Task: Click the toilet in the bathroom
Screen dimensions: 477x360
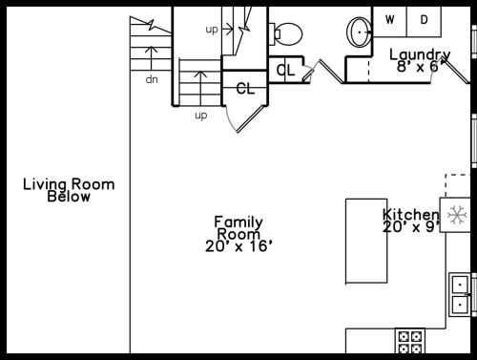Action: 285,33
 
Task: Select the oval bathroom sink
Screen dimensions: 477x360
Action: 359,32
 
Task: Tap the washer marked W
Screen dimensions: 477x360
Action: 389,21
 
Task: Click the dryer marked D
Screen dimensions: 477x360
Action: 424,21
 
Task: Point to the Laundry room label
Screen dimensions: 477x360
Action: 420,54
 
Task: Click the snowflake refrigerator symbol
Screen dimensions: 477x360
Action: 457,215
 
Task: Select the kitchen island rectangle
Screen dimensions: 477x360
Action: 366,241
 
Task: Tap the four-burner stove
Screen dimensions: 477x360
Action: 410,341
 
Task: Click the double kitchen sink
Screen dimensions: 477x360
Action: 460,294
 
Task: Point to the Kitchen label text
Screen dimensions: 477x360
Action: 411,215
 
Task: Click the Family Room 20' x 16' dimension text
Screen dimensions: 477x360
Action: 238,246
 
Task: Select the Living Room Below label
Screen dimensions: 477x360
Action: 69,190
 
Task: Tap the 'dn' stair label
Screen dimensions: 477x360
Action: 152,79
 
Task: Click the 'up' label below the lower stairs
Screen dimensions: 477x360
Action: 201,116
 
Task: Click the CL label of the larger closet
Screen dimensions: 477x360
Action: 245,89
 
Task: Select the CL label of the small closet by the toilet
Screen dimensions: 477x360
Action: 286,71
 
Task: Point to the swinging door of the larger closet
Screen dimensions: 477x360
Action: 251,118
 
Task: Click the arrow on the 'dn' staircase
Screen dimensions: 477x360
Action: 152,58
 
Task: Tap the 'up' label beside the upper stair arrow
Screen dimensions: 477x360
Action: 212,30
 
